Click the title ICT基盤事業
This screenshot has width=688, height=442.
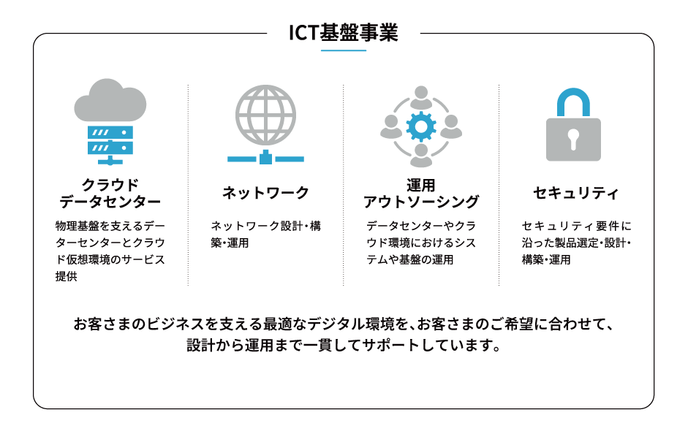coord(344,32)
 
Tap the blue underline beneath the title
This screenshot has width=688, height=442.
coord(344,50)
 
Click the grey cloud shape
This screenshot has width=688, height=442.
coord(110,100)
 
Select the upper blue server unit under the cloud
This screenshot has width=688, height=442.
coord(110,132)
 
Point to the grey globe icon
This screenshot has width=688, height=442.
coord(265,115)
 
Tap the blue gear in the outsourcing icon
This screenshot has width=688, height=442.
coord(421,126)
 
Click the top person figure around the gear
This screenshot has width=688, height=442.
coord(421,97)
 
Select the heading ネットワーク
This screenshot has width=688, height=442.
coord(265,192)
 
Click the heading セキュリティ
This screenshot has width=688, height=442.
coord(575,192)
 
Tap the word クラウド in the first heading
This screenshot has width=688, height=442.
coord(110,185)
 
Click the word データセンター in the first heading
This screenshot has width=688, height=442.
coord(110,202)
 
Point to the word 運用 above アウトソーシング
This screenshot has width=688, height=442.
coord(421,185)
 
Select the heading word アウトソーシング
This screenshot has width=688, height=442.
coord(421,202)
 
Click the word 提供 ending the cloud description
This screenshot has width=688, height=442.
coord(67,276)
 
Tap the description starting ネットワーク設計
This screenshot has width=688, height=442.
coord(265,235)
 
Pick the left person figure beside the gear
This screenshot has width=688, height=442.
coord(391,126)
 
